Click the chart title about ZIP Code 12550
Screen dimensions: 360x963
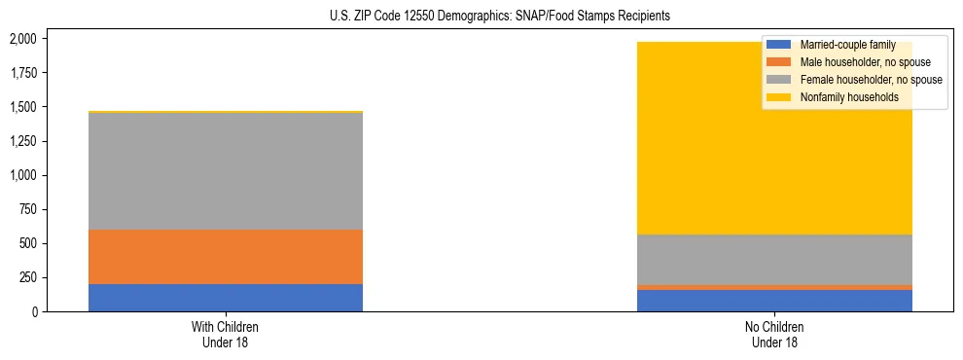tap(481, 17)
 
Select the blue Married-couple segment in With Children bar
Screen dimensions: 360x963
tap(226, 298)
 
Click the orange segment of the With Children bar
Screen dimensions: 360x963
tap(226, 257)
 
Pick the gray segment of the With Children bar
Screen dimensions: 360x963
tap(226, 171)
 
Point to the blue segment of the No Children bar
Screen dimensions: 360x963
tap(774, 301)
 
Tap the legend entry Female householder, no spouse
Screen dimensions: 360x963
tap(870, 80)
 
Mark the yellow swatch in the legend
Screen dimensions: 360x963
tap(779, 97)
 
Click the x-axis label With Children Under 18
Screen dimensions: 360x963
tap(226, 335)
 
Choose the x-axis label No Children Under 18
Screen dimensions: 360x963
tap(774, 335)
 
